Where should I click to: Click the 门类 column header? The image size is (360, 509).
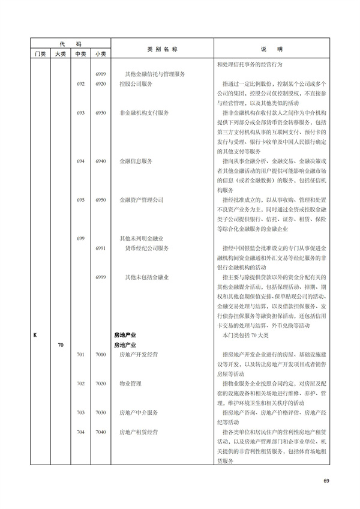click(x=40, y=54)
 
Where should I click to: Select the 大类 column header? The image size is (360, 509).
click(x=61, y=54)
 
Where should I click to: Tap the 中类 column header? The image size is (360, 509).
click(x=80, y=54)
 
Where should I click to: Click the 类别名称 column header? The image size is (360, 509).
click(x=162, y=49)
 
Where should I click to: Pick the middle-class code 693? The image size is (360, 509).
click(x=80, y=112)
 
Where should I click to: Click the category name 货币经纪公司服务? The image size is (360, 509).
click(x=147, y=247)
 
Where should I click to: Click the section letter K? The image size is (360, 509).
click(x=35, y=335)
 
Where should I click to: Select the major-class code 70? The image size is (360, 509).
click(x=61, y=345)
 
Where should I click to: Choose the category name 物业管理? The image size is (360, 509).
click(x=130, y=384)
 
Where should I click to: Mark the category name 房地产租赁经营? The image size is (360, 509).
click(x=141, y=432)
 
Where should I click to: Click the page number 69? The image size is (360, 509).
click(x=327, y=480)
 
